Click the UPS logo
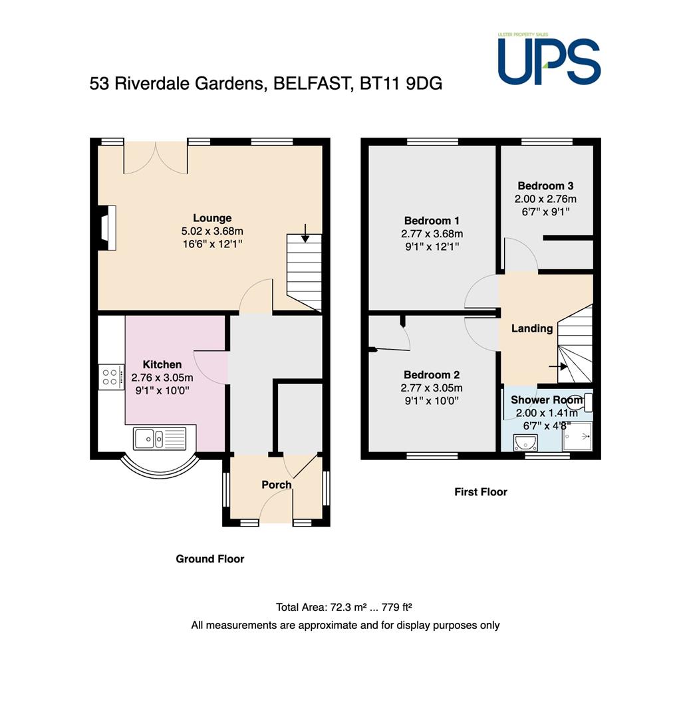(x=549, y=60)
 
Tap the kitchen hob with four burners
(x=111, y=378)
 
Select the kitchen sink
(x=160, y=439)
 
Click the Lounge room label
(x=212, y=218)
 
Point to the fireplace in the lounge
(x=107, y=227)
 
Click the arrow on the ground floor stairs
(x=305, y=233)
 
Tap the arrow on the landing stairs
(x=557, y=366)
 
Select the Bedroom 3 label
(x=545, y=186)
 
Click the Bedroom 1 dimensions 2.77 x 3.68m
(x=432, y=234)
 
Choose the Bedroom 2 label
(x=432, y=374)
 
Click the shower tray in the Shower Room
(x=577, y=436)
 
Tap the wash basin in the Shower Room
(x=526, y=443)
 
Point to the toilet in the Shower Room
(x=583, y=402)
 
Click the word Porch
(x=277, y=485)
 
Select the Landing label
(x=532, y=328)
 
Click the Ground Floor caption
(x=210, y=558)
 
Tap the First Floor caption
(x=481, y=492)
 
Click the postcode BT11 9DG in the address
(x=401, y=83)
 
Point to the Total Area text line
(x=344, y=607)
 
